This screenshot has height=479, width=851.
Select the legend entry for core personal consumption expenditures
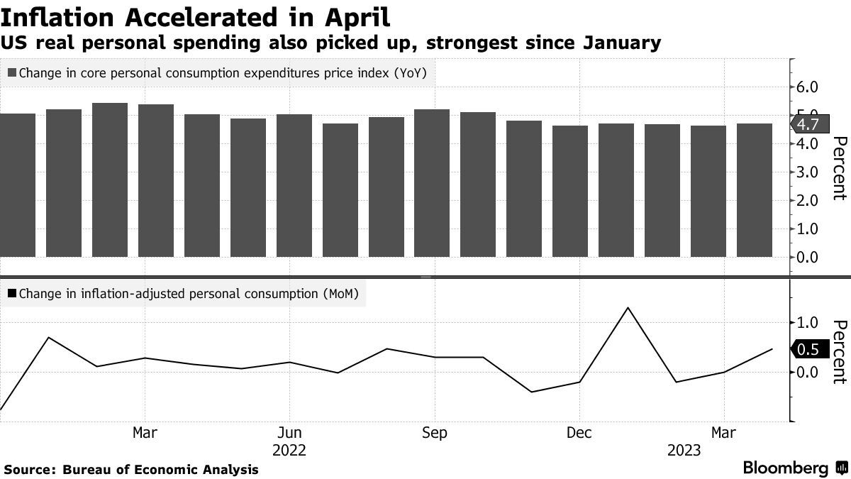point(218,72)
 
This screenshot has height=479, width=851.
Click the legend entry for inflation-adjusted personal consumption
point(186,292)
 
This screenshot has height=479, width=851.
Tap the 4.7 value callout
point(807,124)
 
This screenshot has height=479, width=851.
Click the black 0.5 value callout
point(807,349)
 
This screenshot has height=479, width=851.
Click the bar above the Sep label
point(432,182)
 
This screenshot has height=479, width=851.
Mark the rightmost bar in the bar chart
point(755,189)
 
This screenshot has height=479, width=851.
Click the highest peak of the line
point(627,308)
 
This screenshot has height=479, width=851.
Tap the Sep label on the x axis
point(434,433)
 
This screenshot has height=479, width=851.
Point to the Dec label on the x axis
point(579,433)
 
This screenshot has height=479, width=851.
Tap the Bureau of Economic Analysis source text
point(160,469)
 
